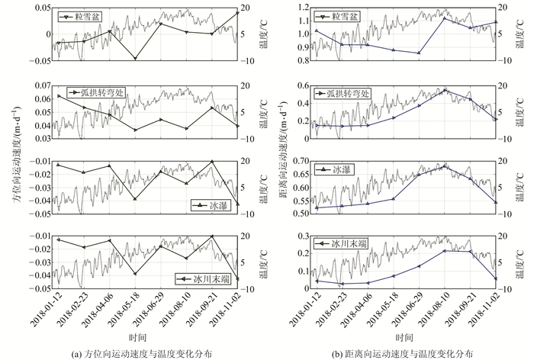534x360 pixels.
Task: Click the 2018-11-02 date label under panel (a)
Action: click(x=230, y=311)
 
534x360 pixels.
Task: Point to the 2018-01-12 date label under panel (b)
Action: click(x=307, y=311)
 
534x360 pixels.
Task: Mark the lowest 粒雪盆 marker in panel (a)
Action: click(x=135, y=59)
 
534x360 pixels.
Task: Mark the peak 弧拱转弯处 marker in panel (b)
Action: click(x=444, y=90)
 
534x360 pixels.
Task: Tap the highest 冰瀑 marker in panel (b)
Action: click(x=444, y=166)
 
